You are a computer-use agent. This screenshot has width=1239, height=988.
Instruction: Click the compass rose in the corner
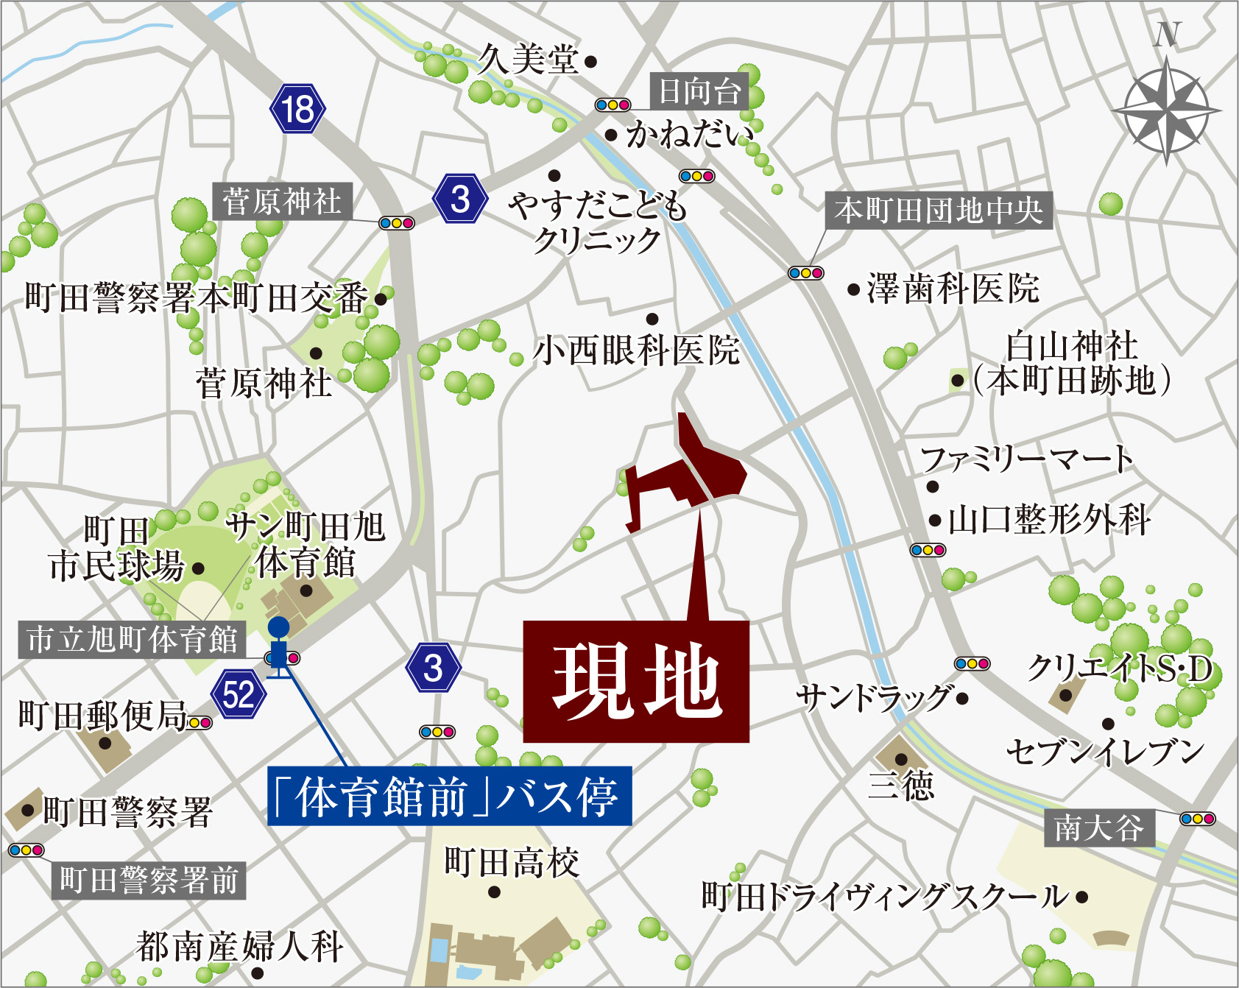1166,110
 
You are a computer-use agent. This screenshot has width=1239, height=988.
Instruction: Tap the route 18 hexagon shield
298,110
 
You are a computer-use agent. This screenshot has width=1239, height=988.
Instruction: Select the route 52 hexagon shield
238,694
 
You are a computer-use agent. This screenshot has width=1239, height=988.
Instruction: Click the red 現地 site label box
636,681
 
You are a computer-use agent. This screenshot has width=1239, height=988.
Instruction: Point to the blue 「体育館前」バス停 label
449,796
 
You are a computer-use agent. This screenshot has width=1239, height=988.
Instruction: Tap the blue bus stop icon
278,648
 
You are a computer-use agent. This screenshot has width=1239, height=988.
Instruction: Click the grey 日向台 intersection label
699,91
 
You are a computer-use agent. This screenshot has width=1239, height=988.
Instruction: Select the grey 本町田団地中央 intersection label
939,211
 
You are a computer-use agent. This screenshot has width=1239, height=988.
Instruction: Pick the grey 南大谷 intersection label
1099,828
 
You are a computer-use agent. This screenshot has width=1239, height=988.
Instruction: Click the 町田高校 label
512,862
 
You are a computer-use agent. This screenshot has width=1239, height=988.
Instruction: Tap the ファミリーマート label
1027,459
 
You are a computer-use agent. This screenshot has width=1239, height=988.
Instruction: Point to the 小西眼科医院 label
636,350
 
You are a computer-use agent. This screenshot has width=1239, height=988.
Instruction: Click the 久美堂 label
528,59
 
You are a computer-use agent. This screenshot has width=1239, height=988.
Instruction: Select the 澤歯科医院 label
953,289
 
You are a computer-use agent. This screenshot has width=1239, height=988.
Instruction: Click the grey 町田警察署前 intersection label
149,880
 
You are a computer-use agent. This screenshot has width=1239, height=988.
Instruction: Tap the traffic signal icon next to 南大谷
1197,819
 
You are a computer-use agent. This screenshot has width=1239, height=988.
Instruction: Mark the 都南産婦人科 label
239,947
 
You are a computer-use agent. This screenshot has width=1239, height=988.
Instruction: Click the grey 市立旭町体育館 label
132,639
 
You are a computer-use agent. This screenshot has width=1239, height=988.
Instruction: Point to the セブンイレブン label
1105,752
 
